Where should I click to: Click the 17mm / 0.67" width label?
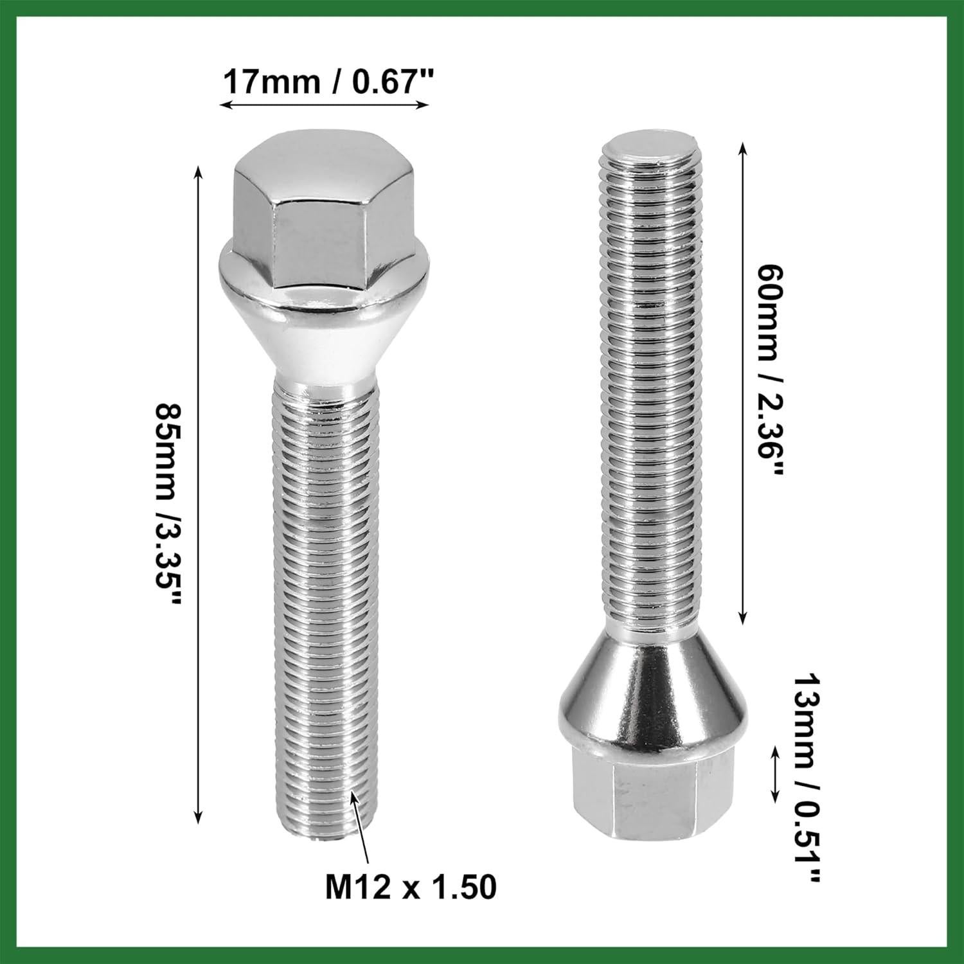pos(325,82)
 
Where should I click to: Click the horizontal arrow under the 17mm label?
pos(324,105)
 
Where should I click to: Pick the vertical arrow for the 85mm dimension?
pos(199,495)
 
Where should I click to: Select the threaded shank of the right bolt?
pos(649,386)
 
